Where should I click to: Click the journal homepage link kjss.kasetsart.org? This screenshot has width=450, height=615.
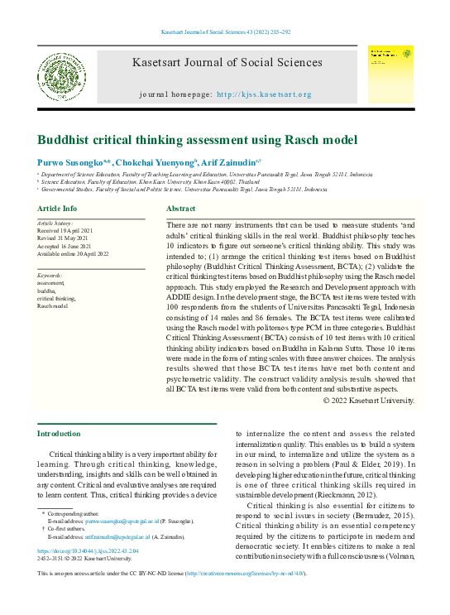click(264, 94)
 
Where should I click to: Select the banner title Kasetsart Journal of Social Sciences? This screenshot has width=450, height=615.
click(227, 62)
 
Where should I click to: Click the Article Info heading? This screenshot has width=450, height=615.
click(58, 209)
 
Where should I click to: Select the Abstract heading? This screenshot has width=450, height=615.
click(180, 209)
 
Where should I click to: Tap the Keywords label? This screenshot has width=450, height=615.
click(50, 275)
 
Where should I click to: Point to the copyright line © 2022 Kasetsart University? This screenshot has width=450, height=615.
click(368, 400)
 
